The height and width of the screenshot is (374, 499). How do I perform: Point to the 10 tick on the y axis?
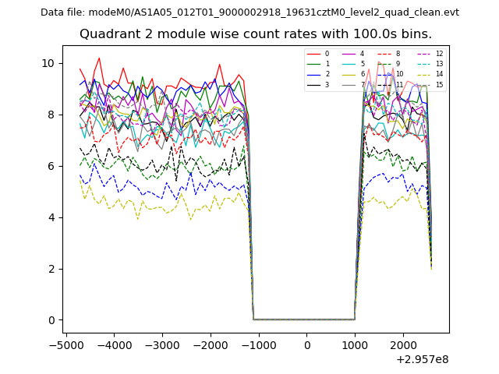pos(48,63)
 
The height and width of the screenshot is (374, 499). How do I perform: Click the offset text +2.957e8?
pos(423,359)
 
